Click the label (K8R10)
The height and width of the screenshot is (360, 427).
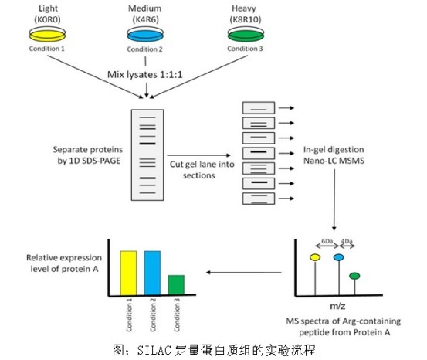click(x=246, y=19)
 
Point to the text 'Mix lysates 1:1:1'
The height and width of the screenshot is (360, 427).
click(x=145, y=74)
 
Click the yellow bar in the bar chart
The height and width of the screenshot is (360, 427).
click(x=128, y=273)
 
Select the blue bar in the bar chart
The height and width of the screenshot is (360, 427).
click(x=152, y=273)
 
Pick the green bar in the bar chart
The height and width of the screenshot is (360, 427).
click(x=176, y=285)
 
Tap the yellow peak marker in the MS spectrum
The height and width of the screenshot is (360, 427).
click(x=315, y=257)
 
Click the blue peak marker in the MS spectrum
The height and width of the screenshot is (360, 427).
click(x=338, y=257)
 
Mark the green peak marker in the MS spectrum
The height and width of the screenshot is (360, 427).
click(x=354, y=276)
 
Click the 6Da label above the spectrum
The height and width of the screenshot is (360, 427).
click(x=327, y=241)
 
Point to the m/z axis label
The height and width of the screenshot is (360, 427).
click(x=337, y=307)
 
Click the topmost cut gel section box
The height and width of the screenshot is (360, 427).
click(x=259, y=108)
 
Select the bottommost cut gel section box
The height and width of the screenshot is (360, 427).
click(x=259, y=199)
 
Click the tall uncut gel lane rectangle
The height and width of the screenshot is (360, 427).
click(x=147, y=155)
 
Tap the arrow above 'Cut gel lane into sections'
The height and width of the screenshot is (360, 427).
click(x=199, y=155)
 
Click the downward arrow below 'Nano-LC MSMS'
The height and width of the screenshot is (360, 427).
click(x=334, y=200)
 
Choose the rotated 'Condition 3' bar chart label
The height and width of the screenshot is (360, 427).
click(x=177, y=314)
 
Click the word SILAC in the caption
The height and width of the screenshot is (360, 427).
click(x=154, y=350)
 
